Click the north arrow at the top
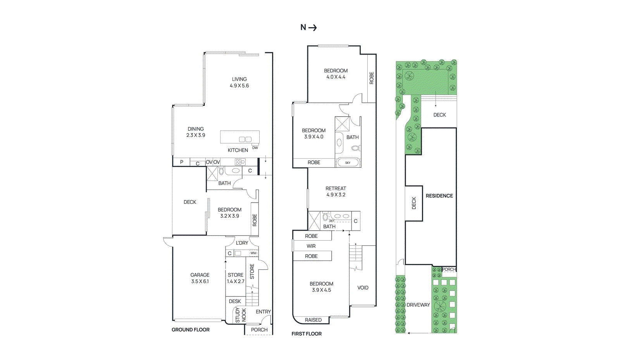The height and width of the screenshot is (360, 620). (x=312, y=28)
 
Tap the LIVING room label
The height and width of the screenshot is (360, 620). (x=239, y=79)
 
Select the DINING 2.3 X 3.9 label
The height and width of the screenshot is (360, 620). (x=196, y=132)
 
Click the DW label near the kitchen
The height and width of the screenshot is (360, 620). (x=255, y=148)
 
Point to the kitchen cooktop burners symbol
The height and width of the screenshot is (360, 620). (x=240, y=162)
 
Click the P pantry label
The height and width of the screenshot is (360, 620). (x=182, y=162)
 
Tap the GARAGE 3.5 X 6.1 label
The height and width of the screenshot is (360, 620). (x=200, y=278)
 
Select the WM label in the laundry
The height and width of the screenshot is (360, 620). (x=253, y=253)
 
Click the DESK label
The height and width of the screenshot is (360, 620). (x=235, y=301)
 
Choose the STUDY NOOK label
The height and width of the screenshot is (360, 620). (x=241, y=315)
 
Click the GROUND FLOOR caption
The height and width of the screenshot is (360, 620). (x=190, y=329)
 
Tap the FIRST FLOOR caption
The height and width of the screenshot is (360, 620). (x=307, y=334)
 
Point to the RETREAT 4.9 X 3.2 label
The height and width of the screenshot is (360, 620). (x=336, y=191)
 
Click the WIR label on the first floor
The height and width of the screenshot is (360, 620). (x=311, y=246)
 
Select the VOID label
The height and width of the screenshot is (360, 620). (x=363, y=288)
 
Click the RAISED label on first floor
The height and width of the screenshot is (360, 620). (x=313, y=320)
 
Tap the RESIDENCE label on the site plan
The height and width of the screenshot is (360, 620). (x=439, y=196)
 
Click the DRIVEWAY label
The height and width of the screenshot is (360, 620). (x=418, y=305)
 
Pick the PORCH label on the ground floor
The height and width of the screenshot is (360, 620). (x=259, y=330)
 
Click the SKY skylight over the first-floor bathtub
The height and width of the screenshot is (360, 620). (x=348, y=163)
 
